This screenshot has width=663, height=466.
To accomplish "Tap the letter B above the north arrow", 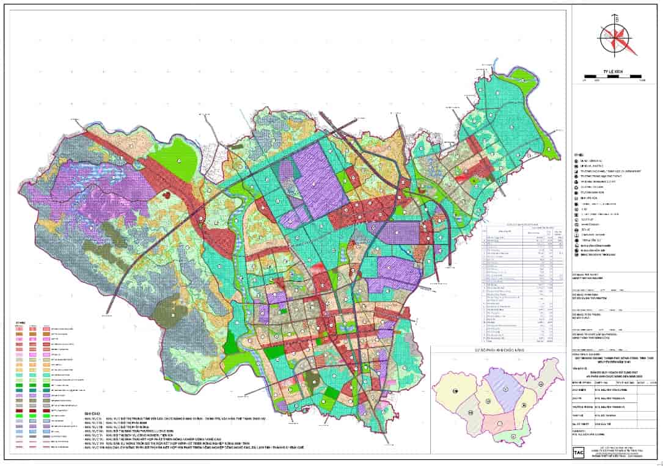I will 617,19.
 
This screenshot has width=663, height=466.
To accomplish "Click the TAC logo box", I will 578,452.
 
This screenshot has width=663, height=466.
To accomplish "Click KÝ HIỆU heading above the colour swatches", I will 21,321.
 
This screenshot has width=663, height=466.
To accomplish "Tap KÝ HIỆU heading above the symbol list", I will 579,155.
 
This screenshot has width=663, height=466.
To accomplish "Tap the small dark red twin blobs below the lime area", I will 166,195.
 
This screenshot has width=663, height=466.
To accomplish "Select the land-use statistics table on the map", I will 522,281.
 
